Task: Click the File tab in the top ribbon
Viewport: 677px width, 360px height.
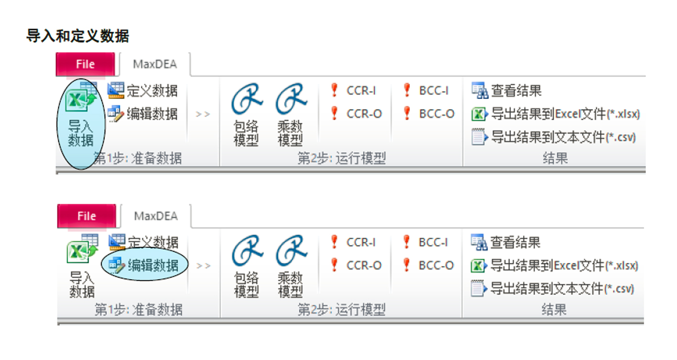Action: point(86,65)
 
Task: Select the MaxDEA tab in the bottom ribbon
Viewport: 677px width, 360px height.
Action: point(156,216)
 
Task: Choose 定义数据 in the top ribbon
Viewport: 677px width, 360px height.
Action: point(144,90)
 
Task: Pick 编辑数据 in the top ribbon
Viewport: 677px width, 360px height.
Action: point(144,114)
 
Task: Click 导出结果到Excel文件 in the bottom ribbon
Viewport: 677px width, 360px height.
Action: point(555,265)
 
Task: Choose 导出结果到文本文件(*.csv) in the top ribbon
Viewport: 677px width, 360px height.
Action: point(554,138)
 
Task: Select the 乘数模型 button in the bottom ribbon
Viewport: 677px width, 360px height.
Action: point(290,265)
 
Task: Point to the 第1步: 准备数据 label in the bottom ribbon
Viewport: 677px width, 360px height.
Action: point(139,310)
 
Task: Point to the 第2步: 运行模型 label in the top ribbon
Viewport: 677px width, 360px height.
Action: point(342,158)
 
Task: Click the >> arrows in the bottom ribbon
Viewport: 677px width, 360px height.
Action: point(204,265)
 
